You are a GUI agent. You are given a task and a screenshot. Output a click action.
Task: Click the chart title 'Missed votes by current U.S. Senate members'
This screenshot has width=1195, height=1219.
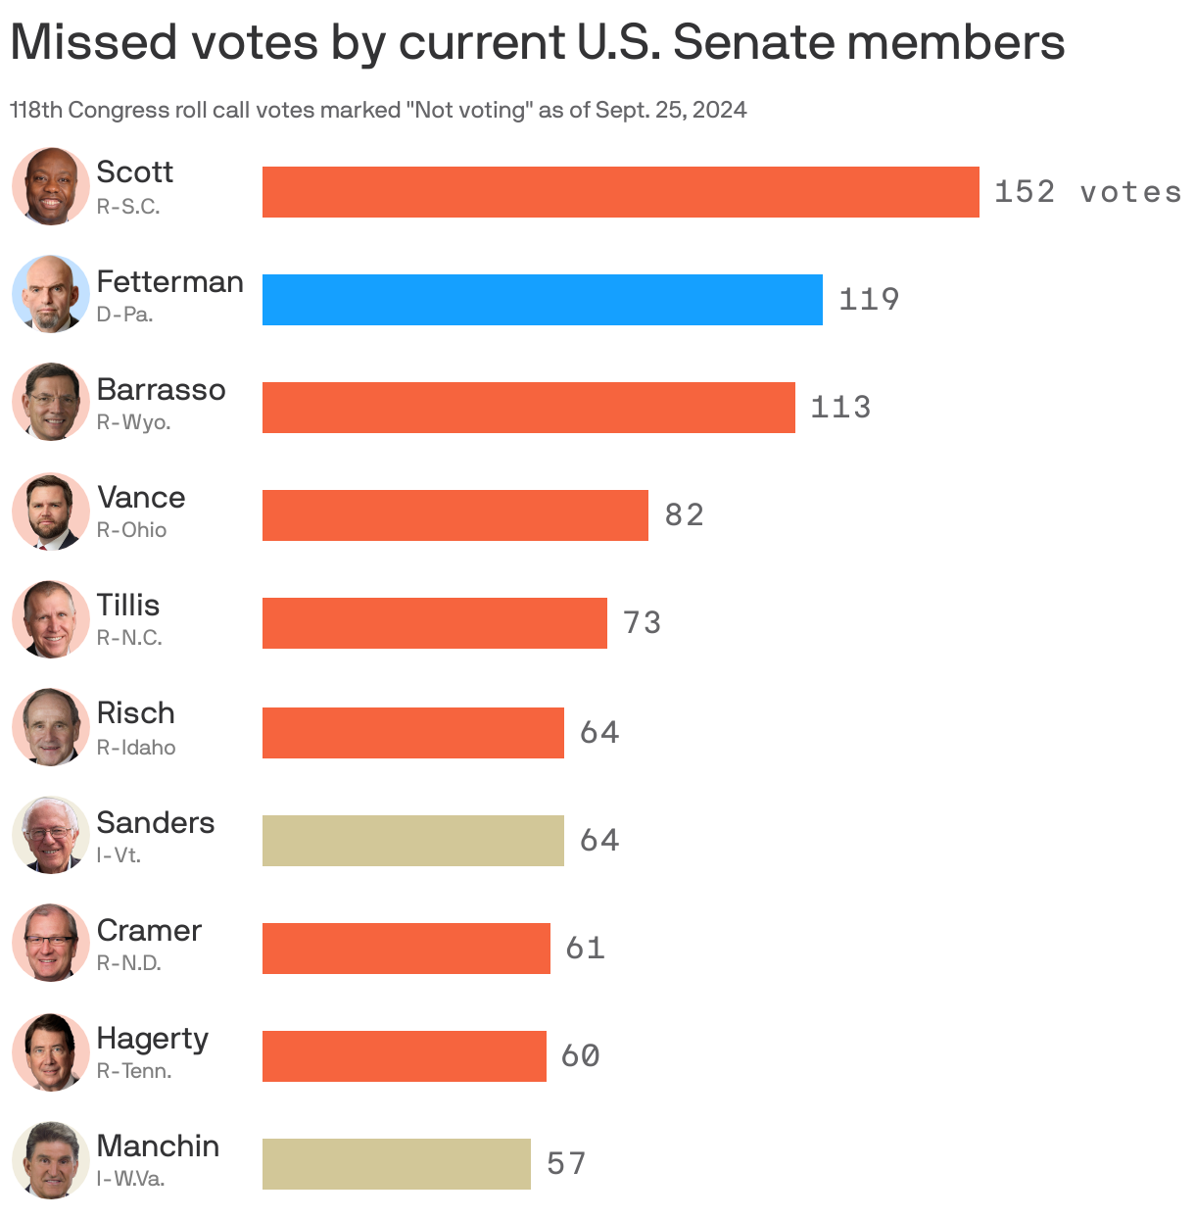pyautogui.click(x=537, y=42)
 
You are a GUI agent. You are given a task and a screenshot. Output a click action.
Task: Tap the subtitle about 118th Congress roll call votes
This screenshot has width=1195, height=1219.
pyautogui.click(x=378, y=110)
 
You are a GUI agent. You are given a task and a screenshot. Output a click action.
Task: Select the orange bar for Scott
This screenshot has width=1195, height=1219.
pyautogui.click(x=620, y=192)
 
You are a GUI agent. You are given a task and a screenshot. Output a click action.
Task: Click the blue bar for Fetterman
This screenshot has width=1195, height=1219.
pyautogui.click(x=542, y=300)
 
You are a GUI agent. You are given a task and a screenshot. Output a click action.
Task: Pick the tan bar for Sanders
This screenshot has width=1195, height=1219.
pyautogui.click(x=412, y=841)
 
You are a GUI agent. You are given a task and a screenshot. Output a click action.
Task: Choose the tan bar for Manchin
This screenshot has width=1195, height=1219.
pyautogui.click(x=396, y=1164)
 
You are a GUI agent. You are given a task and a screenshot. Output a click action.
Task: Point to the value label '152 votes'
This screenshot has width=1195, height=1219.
pyautogui.click(x=1087, y=192)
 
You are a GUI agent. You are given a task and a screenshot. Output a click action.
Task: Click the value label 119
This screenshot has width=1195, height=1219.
pyautogui.click(x=869, y=300)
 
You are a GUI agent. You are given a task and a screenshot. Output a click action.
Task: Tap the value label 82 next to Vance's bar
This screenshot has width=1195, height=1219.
pyautogui.click(x=684, y=515)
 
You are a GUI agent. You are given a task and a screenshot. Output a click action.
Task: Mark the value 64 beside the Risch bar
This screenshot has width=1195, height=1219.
pyautogui.click(x=599, y=733)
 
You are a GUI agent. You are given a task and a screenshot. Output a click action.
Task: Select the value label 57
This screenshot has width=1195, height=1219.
pyautogui.click(x=566, y=1164)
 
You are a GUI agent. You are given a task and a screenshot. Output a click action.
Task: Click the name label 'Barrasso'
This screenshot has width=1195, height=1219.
pyautogui.click(x=161, y=390)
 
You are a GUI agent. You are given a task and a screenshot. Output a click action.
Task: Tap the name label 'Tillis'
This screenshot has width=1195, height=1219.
pyautogui.click(x=127, y=606)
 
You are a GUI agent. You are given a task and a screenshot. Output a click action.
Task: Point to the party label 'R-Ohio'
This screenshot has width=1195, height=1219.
pyautogui.click(x=131, y=530)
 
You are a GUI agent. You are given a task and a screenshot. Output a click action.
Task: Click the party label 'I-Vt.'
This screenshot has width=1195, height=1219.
pyautogui.click(x=119, y=855)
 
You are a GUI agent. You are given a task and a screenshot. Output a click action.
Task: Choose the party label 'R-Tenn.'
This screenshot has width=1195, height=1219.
pyautogui.click(x=134, y=1071)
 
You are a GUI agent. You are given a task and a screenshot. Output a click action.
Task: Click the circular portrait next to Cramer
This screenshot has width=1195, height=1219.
pyautogui.click(x=51, y=943)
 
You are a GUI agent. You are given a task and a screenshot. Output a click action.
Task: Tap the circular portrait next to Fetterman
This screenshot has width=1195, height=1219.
pyautogui.click(x=51, y=294)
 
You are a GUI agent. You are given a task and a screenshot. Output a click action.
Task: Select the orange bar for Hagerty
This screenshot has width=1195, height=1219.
pyautogui.click(x=404, y=1056)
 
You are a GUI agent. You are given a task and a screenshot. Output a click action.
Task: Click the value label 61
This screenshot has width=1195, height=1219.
pyautogui.click(x=585, y=949)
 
